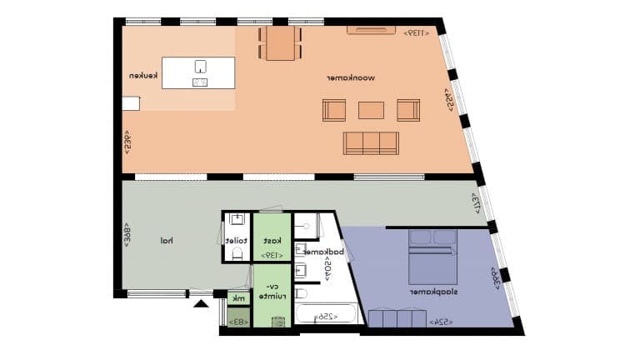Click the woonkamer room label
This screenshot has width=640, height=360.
[x=358, y=78]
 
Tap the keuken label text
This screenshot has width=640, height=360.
[x=143, y=76]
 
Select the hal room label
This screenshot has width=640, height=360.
[x=167, y=241]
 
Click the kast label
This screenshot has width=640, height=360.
[x=272, y=240]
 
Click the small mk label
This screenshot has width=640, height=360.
[x=238, y=297]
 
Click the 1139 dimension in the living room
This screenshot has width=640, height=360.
[x=417, y=33]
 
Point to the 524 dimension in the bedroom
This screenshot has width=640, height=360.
[x=441, y=321]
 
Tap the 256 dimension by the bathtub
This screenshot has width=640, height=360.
[x=327, y=317]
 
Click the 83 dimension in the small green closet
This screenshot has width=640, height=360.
[x=238, y=321]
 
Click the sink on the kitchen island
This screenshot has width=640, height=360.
[x=200, y=66]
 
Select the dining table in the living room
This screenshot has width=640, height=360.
[x=281, y=43]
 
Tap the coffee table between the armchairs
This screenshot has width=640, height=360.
[x=371, y=109]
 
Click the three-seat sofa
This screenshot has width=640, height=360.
[x=371, y=142]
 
